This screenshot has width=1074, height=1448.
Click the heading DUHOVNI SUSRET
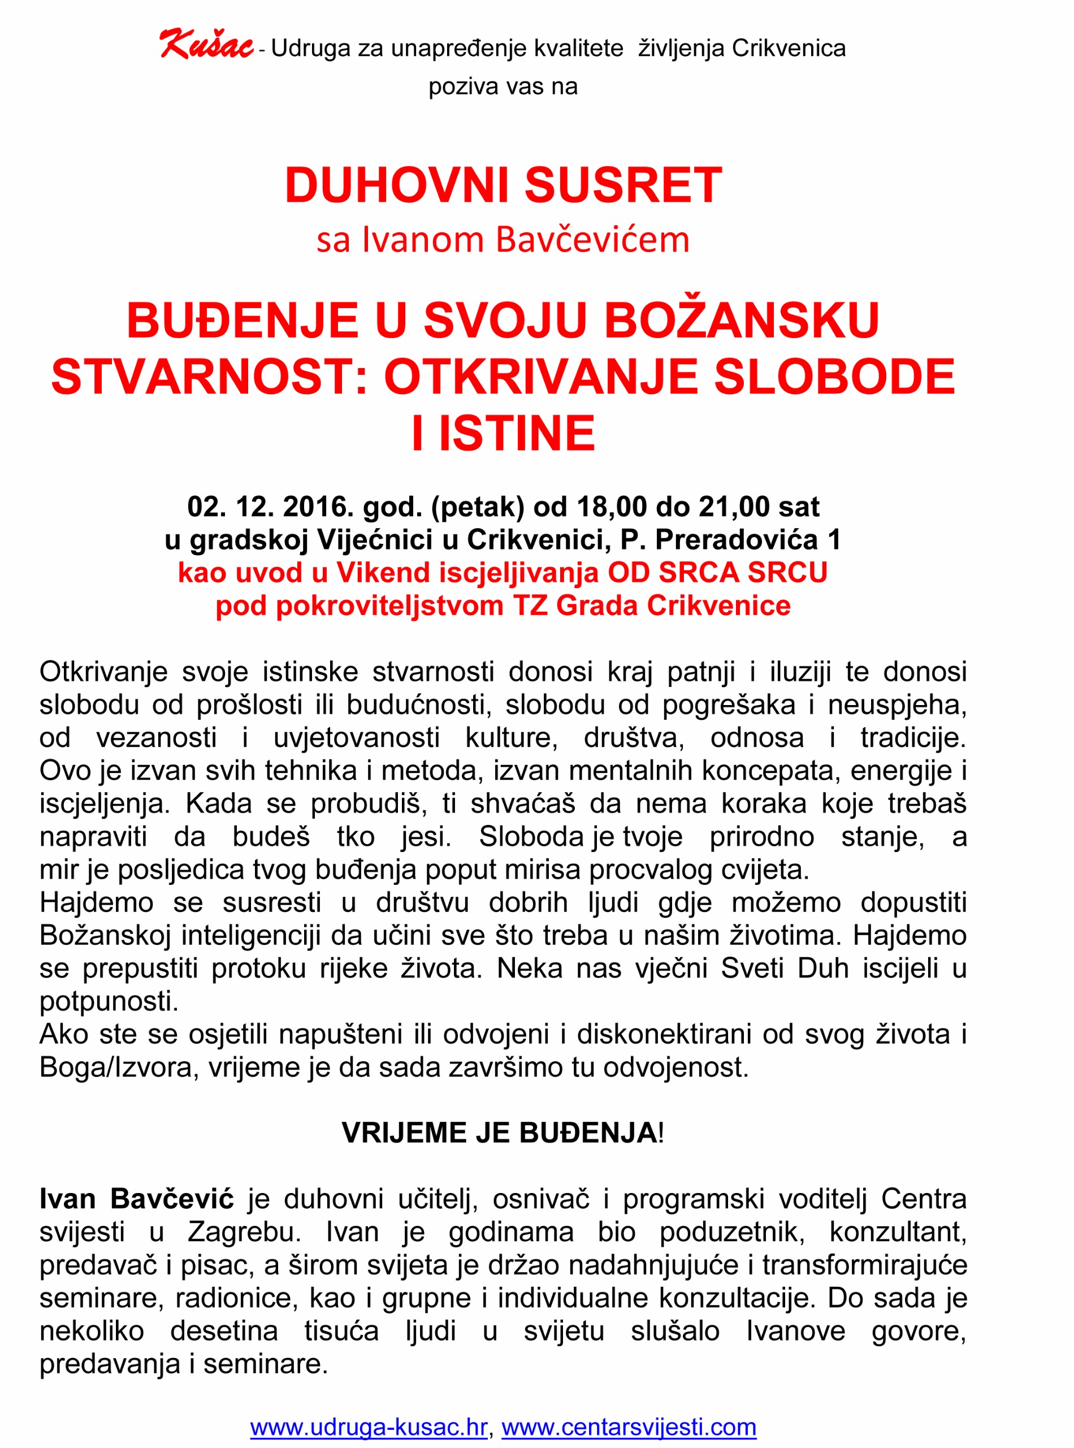click(503, 185)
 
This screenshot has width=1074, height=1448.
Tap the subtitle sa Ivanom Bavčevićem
click(503, 239)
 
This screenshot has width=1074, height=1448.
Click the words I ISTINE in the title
click(503, 433)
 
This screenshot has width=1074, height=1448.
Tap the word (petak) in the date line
click(477, 507)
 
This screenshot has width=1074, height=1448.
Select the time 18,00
click(611, 507)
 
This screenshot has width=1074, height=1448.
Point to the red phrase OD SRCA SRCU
click(717, 573)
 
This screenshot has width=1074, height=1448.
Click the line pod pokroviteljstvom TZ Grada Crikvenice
click(503, 606)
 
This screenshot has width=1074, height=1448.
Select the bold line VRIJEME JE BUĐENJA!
click(503, 1133)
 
